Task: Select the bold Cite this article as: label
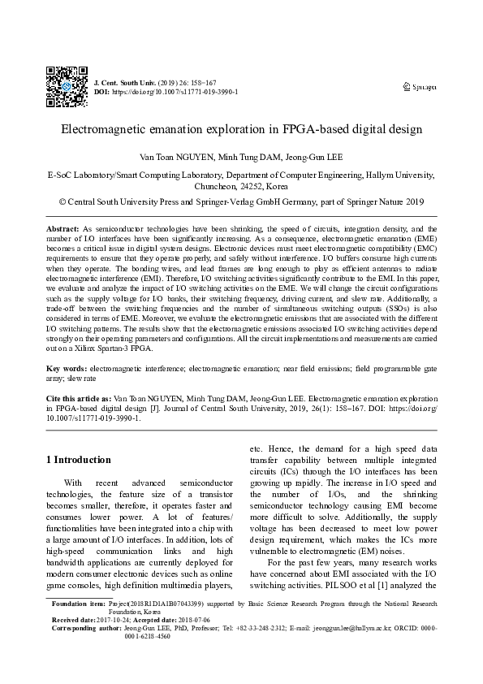pyautogui.click(x=79, y=400)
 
